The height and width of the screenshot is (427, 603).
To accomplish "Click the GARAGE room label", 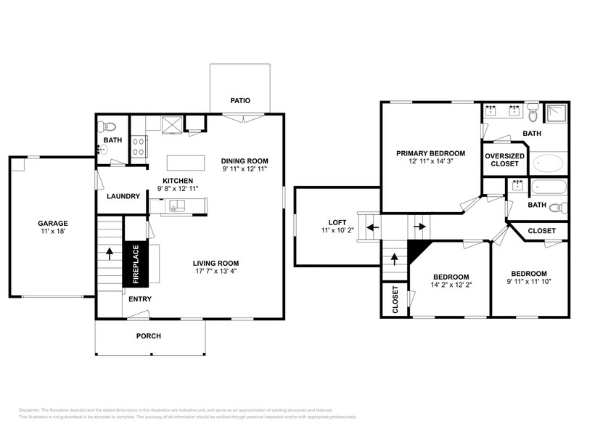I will click(x=53, y=223).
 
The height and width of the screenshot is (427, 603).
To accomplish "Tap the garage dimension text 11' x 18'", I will click(x=53, y=232).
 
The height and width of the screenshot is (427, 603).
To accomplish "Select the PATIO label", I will click(x=240, y=100).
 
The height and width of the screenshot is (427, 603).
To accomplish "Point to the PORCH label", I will click(x=149, y=335).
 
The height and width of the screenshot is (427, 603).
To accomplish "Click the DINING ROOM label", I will click(x=245, y=160).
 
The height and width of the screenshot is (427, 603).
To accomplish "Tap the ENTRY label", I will click(x=140, y=299).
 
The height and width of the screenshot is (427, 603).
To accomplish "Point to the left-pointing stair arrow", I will click(x=372, y=227).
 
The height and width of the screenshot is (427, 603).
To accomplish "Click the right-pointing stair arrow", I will click(x=419, y=227).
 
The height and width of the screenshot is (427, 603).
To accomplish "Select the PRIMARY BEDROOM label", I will click(x=430, y=153).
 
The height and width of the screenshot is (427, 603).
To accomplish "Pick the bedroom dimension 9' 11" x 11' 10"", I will click(x=529, y=282).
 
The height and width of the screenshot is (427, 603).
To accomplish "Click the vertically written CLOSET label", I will click(x=395, y=298).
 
